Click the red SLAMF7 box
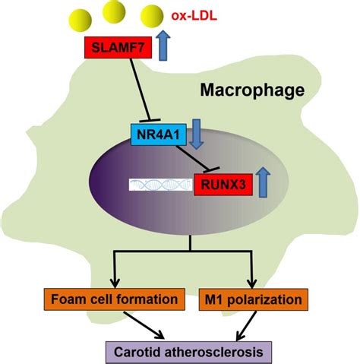point(118,47)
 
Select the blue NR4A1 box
point(159,135)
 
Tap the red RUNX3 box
point(223,185)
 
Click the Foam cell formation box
point(115,299)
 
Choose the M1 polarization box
point(254,299)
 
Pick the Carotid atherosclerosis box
point(188,353)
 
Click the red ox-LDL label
point(194,16)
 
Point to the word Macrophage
point(252,90)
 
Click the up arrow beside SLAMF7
point(163,46)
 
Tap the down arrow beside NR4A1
point(196,134)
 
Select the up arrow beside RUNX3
point(264,182)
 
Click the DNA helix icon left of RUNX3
point(161,185)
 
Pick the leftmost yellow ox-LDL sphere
point(81,21)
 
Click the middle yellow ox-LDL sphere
point(114,11)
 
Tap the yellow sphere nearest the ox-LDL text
point(152,16)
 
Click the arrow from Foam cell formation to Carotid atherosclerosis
point(144,324)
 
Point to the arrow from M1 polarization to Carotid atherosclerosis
point(246,326)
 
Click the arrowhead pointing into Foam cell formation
point(115,283)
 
